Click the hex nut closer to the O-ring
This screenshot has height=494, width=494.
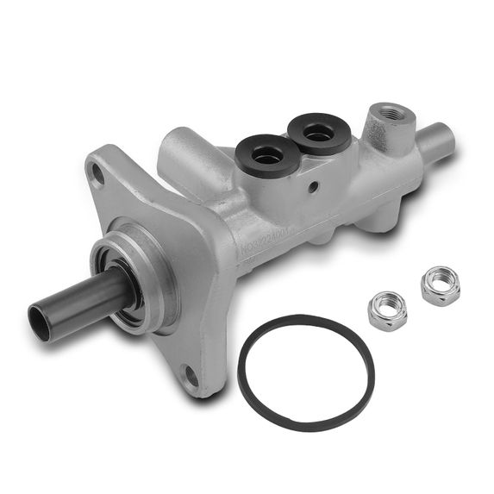(x=388, y=310)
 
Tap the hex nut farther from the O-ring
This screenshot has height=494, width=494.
(x=440, y=286)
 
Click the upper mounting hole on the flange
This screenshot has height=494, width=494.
(x=97, y=176)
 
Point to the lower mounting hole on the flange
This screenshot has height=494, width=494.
(x=191, y=378)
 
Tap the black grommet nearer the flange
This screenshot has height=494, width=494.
(x=267, y=156)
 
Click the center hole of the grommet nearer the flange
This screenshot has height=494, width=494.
(x=268, y=154)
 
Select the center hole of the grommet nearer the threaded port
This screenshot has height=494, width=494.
(x=319, y=132)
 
